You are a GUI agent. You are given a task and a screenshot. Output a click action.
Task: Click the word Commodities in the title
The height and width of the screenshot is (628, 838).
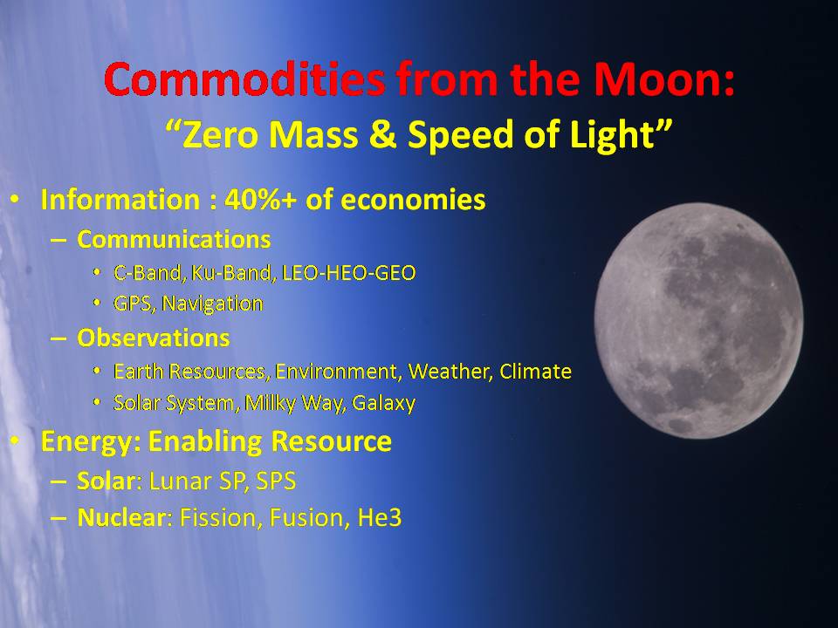click(244, 79)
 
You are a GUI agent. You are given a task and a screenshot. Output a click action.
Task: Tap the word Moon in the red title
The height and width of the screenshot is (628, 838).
click(663, 79)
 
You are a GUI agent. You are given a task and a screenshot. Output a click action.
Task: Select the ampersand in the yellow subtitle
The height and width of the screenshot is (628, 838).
click(382, 134)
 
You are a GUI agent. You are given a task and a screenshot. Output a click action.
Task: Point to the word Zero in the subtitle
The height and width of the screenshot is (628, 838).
click(220, 134)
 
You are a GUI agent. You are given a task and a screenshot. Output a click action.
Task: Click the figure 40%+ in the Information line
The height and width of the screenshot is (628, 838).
click(260, 200)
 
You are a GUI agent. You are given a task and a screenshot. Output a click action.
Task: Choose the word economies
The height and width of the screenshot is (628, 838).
click(413, 200)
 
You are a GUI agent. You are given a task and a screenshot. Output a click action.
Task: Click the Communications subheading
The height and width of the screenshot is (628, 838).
click(175, 239)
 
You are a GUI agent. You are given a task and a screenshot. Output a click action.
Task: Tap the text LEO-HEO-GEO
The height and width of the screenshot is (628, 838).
click(348, 273)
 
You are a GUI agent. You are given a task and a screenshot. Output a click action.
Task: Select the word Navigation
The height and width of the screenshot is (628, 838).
click(212, 304)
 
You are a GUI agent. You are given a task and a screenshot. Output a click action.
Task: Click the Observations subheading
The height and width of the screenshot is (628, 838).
click(154, 338)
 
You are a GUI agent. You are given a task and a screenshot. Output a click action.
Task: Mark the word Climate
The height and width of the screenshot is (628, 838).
click(535, 372)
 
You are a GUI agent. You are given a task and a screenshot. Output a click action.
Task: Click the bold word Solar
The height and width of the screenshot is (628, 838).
click(106, 481)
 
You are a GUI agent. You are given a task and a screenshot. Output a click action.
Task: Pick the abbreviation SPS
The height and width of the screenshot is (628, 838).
click(276, 481)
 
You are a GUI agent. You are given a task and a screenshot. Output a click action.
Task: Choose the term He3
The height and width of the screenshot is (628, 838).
click(380, 517)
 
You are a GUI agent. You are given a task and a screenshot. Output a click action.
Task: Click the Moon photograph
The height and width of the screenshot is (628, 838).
click(698, 321)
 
